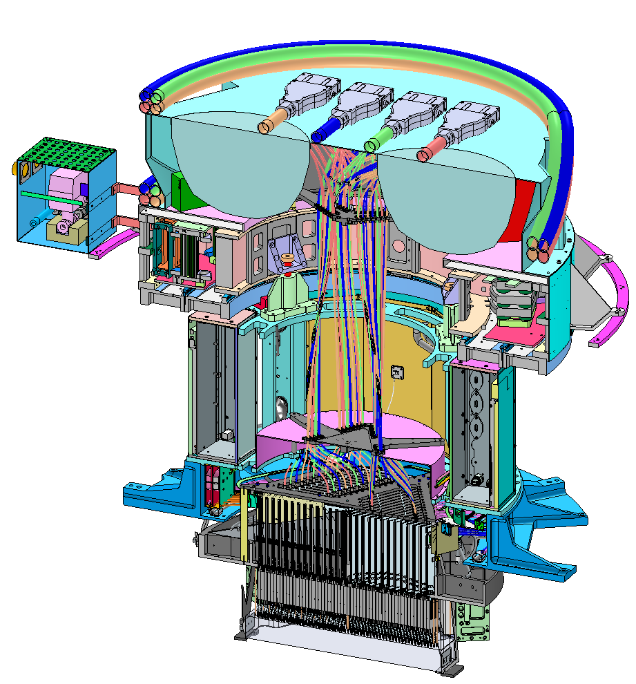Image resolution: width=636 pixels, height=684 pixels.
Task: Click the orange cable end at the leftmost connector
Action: pos(265,126)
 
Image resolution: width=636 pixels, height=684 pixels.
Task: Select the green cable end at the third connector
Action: pos(372,144)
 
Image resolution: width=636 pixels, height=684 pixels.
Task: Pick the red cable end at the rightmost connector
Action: pos(423,155)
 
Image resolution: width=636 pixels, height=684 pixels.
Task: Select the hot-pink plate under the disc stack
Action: pos(512,335)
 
